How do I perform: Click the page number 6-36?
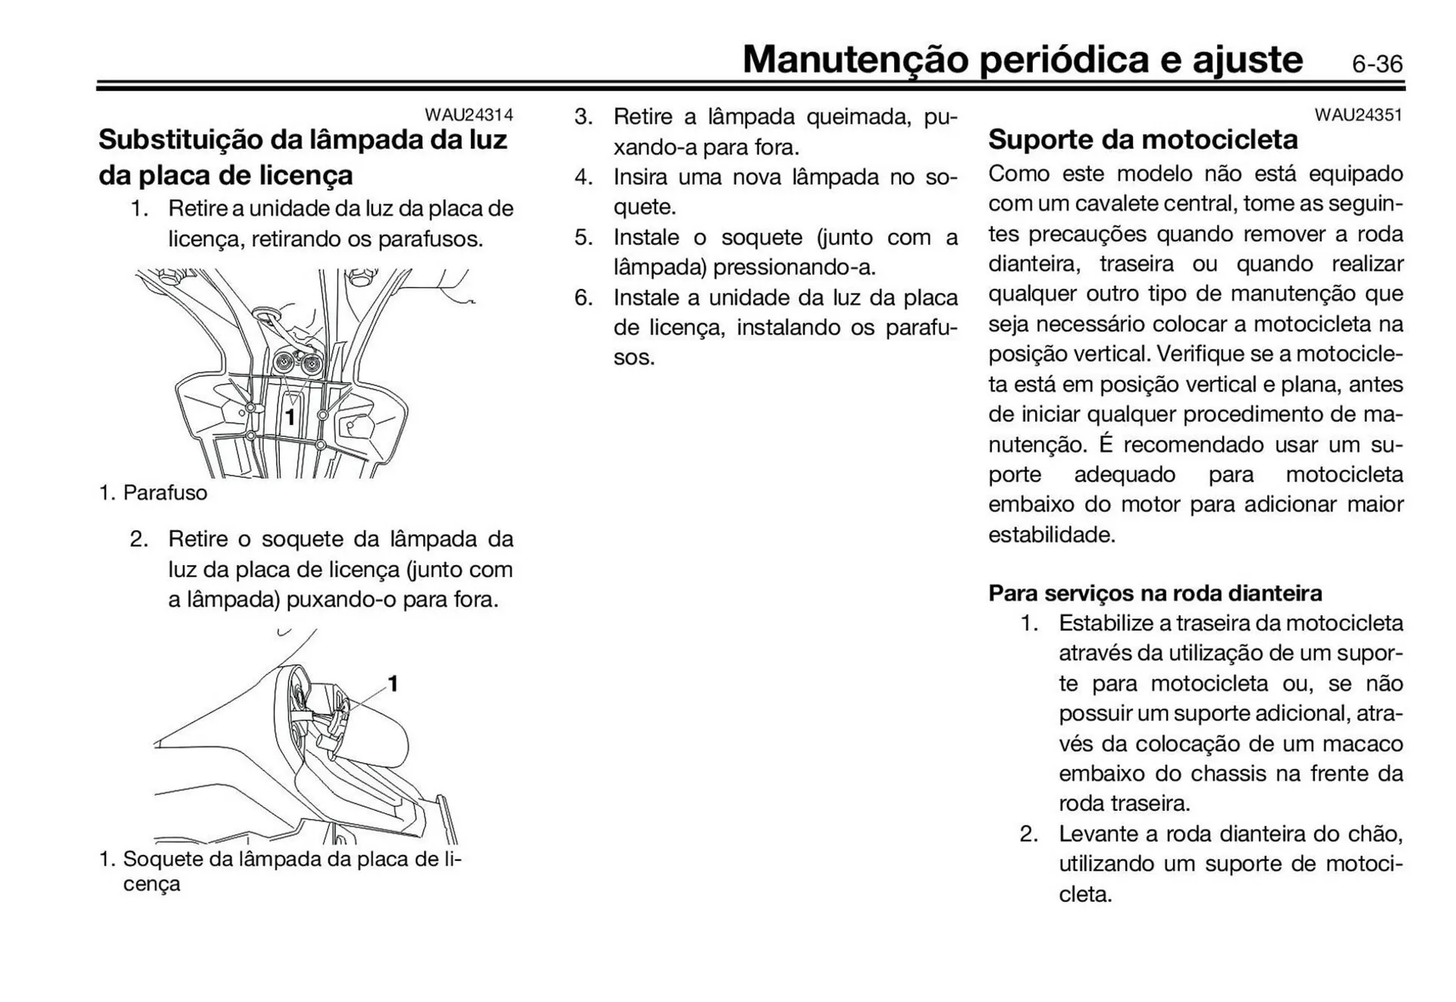1376,64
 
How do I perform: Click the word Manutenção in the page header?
855,59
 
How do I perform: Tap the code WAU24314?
468,115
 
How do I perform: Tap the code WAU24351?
1358,115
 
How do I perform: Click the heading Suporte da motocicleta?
1142,140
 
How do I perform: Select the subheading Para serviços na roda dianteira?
1154,592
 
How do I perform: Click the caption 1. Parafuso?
152,493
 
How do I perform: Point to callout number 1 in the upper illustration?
290,416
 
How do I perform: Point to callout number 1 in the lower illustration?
393,683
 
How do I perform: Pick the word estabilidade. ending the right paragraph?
1051,535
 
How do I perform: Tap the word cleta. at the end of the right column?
1084,894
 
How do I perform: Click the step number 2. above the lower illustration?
138,539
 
